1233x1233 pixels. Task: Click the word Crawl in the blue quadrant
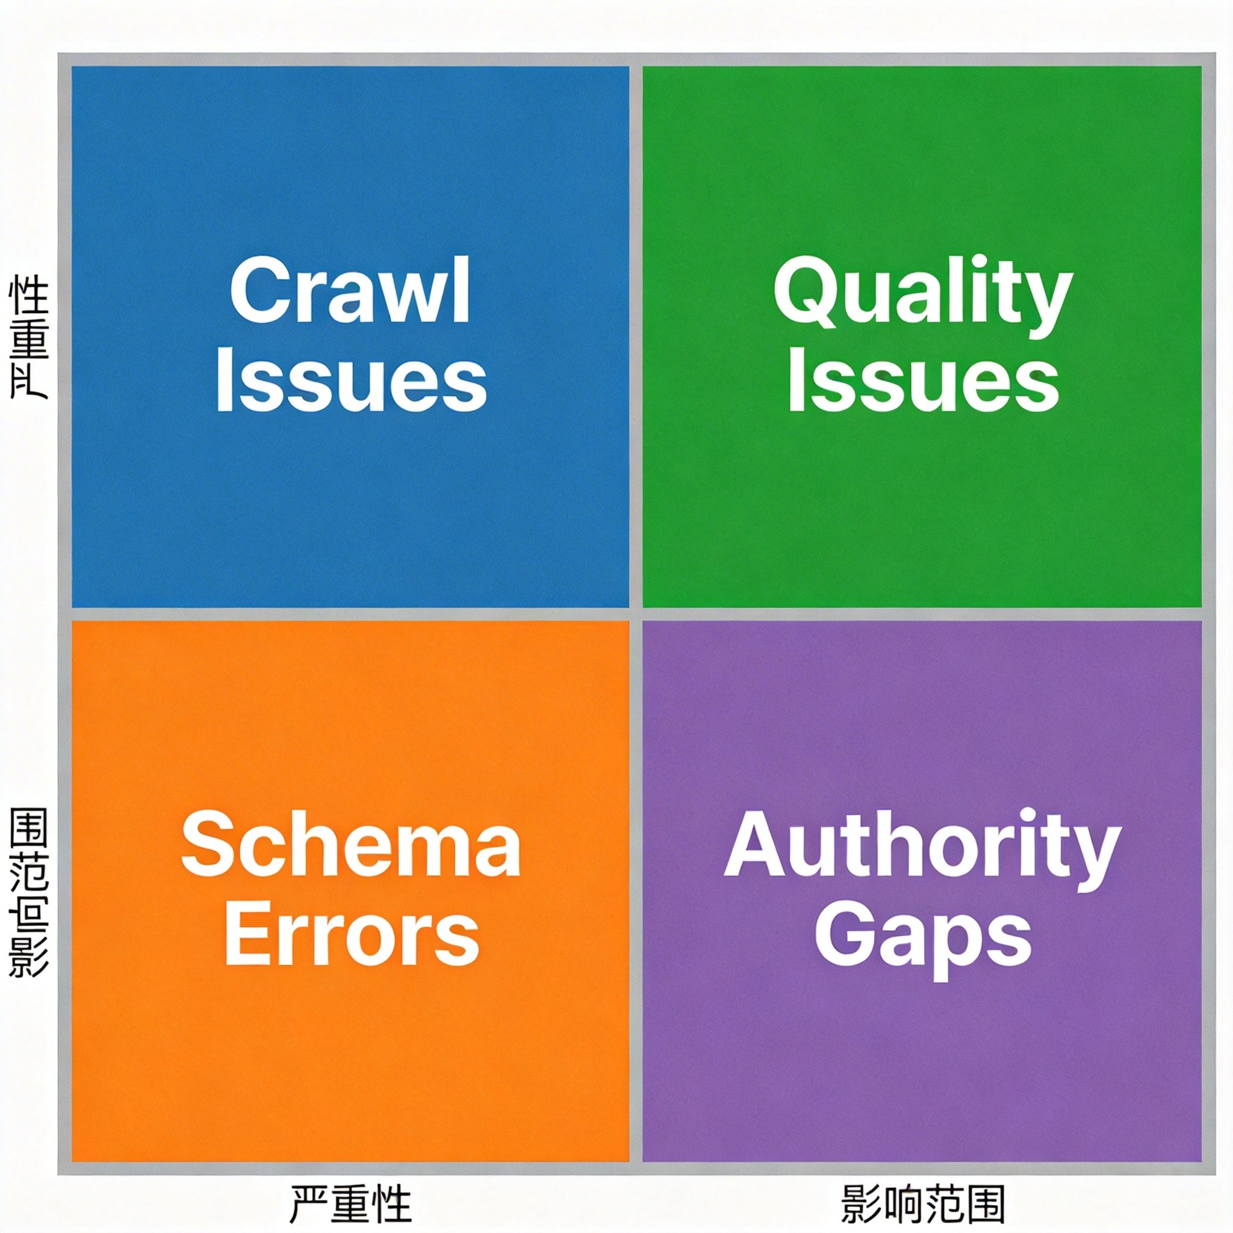coord(350,291)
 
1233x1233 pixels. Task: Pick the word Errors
coord(352,936)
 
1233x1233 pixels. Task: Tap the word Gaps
coord(923,938)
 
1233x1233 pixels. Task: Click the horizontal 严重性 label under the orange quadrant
coord(351,1203)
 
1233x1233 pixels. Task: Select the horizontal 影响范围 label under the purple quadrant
coord(923,1203)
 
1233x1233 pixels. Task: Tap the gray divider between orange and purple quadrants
coord(636,893)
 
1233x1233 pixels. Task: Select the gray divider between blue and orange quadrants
coord(350,614)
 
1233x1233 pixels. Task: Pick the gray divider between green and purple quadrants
coord(922,614)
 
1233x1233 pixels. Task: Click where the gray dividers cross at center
coord(636,614)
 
